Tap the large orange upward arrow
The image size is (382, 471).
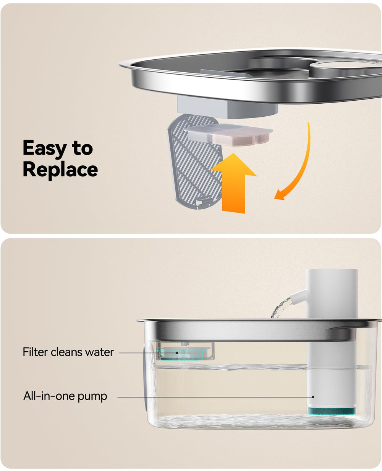(x=234, y=184)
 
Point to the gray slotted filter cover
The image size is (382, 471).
(x=194, y=161)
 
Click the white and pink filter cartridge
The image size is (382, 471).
(x=228, y=133)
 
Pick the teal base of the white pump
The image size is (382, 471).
(x=332, y=411)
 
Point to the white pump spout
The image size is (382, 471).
(x=298, y=295)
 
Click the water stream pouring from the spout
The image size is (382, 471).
(x=281, y=307)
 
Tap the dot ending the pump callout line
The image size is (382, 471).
(x=313, y=397)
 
